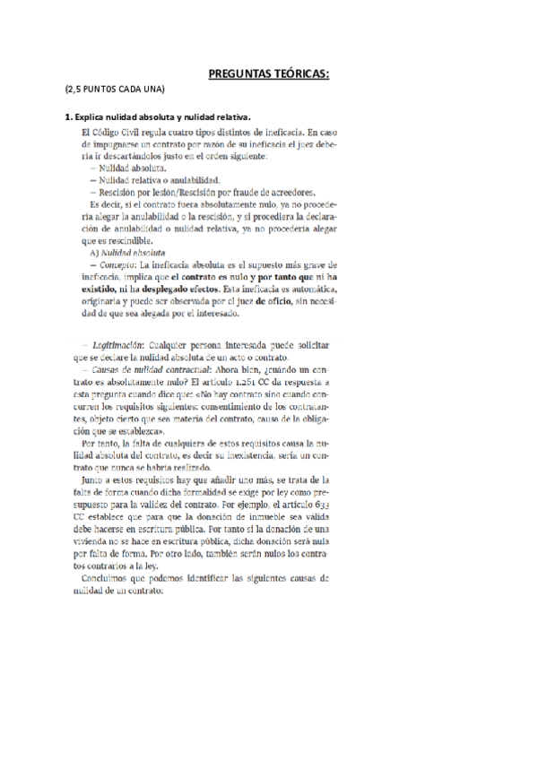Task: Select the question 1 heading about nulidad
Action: click(x=157, y=117)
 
